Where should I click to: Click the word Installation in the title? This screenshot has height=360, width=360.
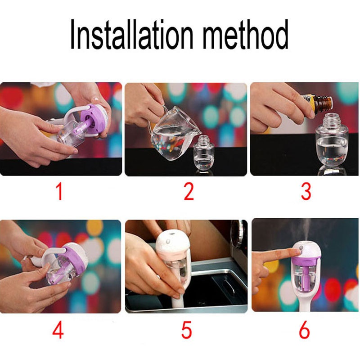(131, 34)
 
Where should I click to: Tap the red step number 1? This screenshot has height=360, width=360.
(59, 192)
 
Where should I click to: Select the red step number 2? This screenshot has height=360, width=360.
(189, 192)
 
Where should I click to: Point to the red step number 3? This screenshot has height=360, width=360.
(306, 192)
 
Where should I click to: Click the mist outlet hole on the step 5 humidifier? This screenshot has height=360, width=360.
(172, 234)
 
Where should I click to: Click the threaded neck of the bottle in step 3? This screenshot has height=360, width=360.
(331, 121)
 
